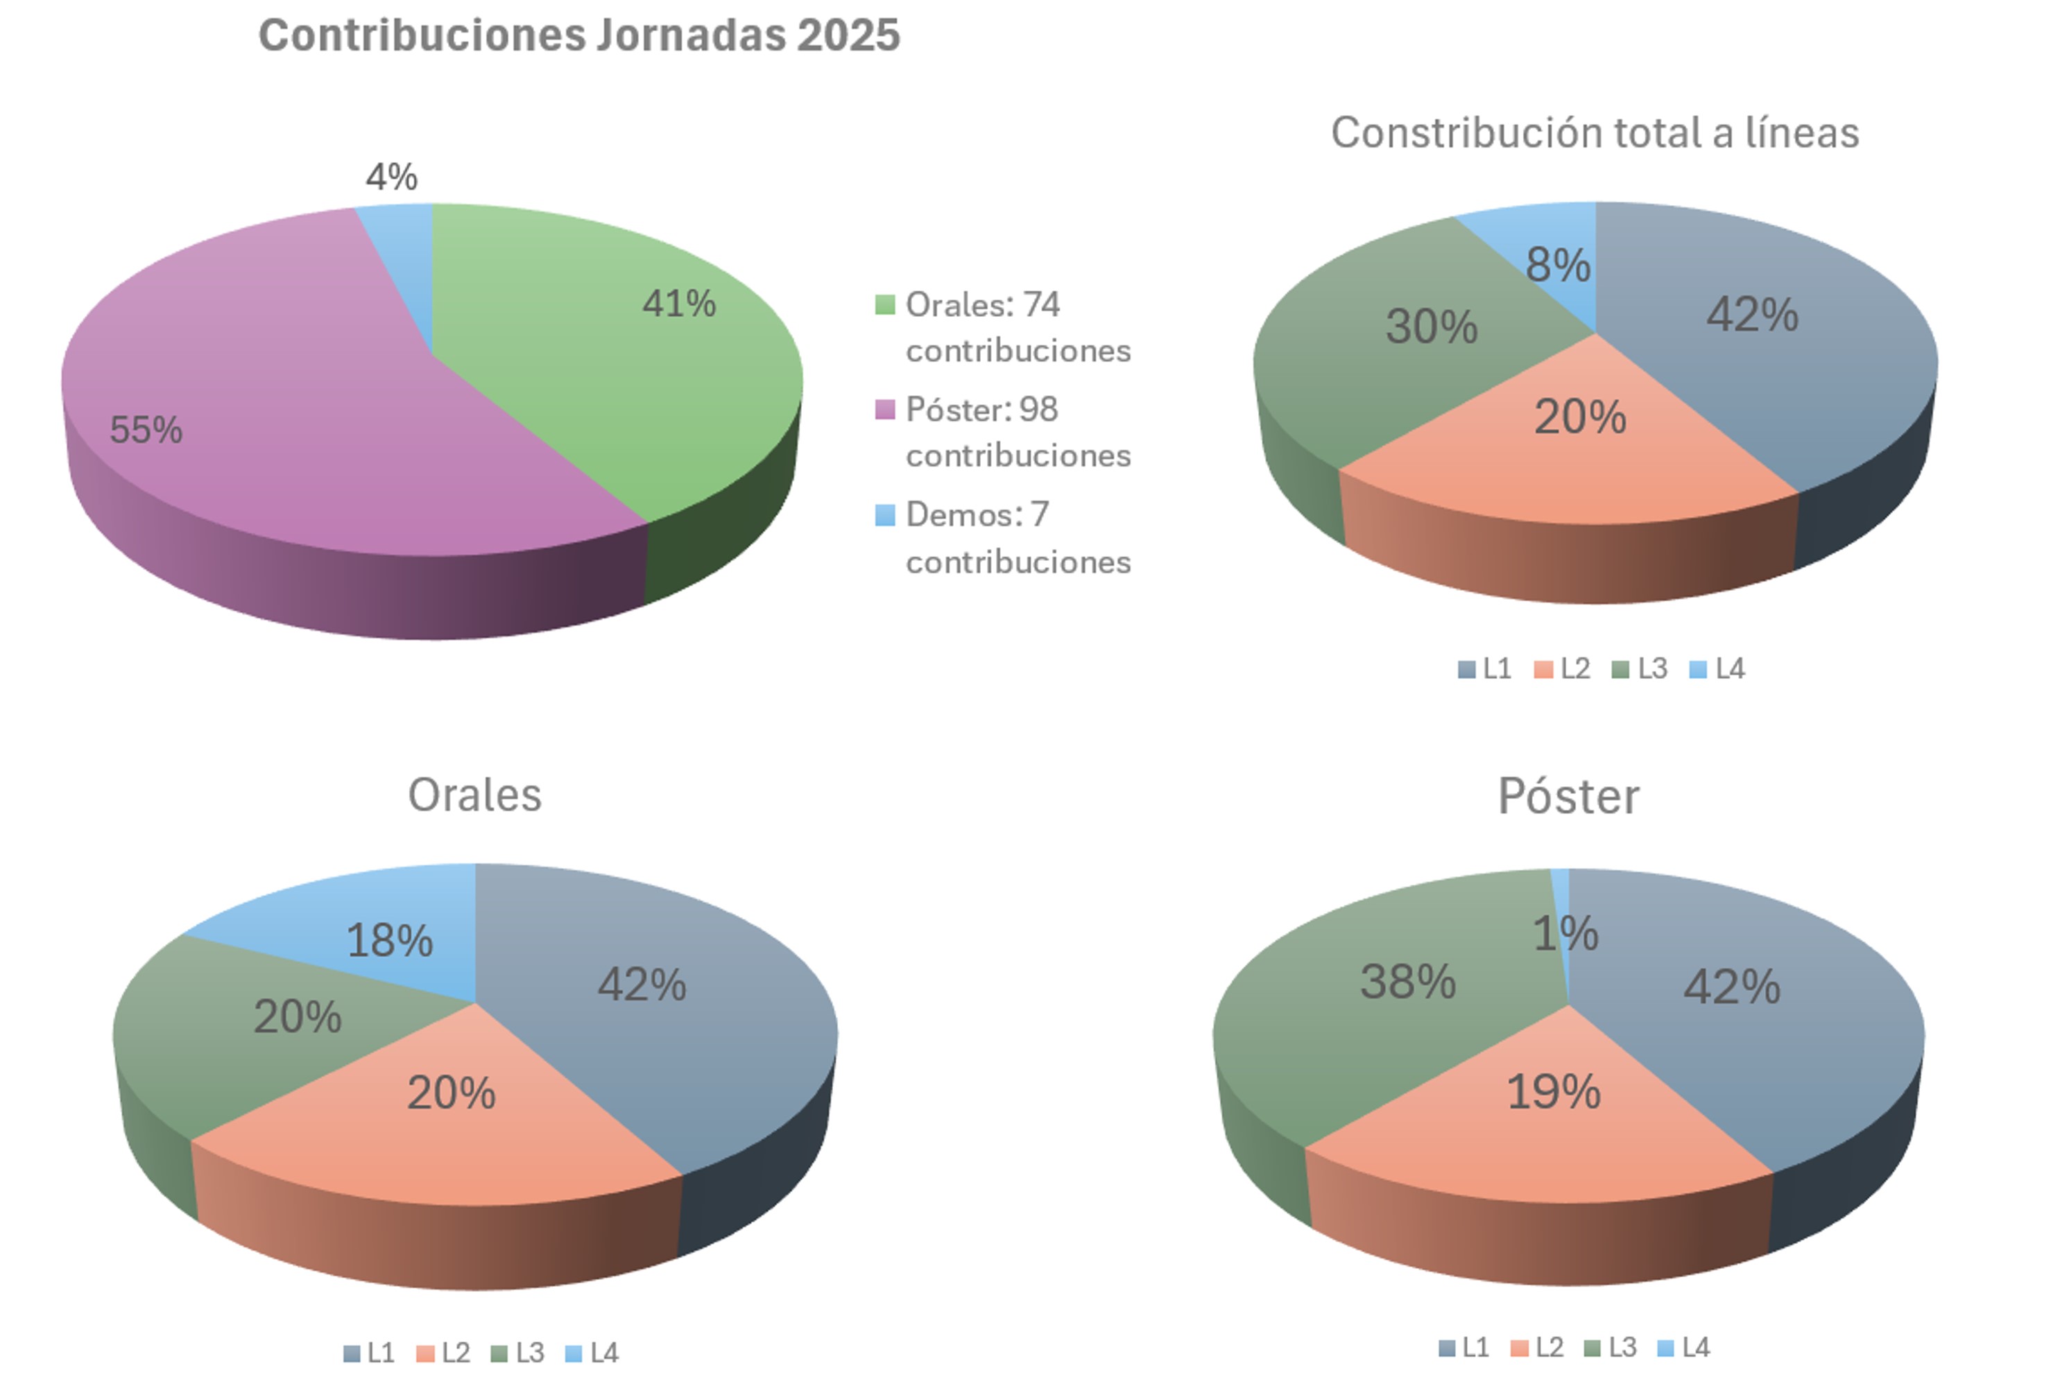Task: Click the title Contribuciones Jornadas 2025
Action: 579,36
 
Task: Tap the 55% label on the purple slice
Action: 146,431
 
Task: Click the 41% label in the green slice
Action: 679,304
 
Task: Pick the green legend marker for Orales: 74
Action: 884,305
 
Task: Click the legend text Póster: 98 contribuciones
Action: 1017,432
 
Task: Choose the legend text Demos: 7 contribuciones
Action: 1017,537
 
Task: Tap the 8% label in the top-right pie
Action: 1558,265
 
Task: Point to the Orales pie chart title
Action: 475,795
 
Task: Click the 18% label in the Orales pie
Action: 389,940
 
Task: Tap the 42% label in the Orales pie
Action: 642,985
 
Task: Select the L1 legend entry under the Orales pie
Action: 370,1353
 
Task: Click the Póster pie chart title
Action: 1568,797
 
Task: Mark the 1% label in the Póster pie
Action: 1565,933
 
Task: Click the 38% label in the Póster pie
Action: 1407,982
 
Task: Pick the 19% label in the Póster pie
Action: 1554,1093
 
